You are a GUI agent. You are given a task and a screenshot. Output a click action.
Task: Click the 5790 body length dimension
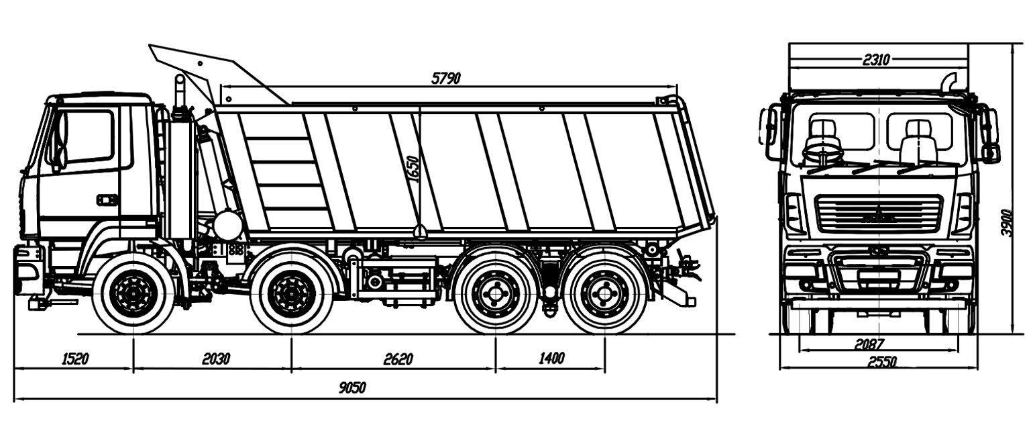[x=445, y=78]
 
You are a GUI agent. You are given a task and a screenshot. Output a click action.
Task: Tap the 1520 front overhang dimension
[x=75, y=359]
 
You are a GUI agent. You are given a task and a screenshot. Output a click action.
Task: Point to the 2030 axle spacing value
[x=216, y=359]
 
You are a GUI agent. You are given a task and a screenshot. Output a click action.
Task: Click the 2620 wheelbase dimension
[x=398, y=359]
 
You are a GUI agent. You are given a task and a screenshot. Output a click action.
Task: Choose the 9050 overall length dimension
[x=354, y=388]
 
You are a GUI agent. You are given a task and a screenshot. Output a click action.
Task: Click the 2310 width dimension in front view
[x=876, y=60]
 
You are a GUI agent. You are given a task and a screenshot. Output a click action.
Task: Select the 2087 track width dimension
[x=869, y=344]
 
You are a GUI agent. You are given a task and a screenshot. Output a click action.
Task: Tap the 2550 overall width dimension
[x=881, y=362]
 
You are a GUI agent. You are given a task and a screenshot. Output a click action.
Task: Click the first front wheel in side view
[x=133, y=294]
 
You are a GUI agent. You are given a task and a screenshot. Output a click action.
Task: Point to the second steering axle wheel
[x=292, y=294]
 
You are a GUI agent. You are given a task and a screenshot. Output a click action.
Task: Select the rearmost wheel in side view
[x=605, y=294]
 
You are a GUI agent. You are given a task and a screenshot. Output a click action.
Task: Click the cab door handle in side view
[x=107, y=199]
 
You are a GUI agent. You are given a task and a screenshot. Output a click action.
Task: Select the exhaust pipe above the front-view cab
[x=950, y=81]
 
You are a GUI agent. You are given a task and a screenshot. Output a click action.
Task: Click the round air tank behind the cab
[x=228, y=225]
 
